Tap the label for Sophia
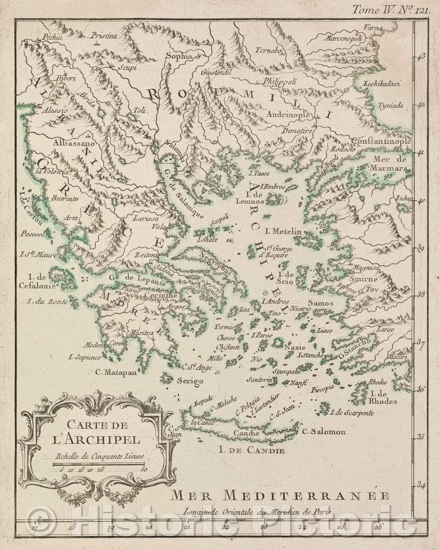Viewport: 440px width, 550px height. tap(178, 57)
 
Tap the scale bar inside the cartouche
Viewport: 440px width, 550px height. tap(99, 464)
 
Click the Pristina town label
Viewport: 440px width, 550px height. tap(104, 36)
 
